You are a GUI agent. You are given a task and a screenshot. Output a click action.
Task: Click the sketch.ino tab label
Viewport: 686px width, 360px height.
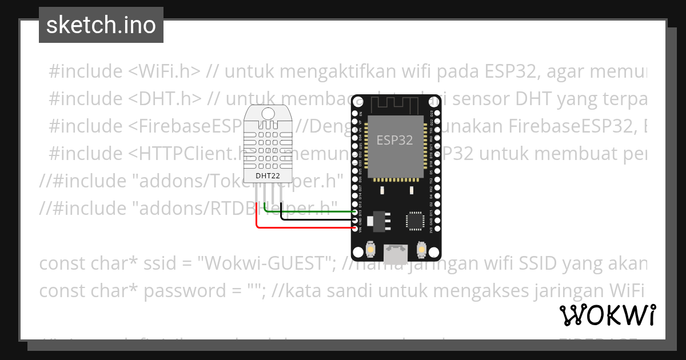[x=101, y=25]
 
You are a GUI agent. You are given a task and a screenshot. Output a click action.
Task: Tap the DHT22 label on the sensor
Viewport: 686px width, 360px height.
[x=267, y=175]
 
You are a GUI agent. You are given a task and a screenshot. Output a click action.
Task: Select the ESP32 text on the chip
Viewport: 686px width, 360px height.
[x=394, y=140]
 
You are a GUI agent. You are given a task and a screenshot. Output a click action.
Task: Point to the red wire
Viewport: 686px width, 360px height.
[x=303, y=227]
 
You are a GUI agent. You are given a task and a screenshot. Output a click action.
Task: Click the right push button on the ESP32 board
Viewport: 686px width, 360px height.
[x=422, y=250]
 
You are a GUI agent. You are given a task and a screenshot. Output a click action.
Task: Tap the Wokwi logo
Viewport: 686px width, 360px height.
[x=607, y=315]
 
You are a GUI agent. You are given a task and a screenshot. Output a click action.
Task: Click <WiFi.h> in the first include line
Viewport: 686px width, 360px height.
[x=164, y=71]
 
